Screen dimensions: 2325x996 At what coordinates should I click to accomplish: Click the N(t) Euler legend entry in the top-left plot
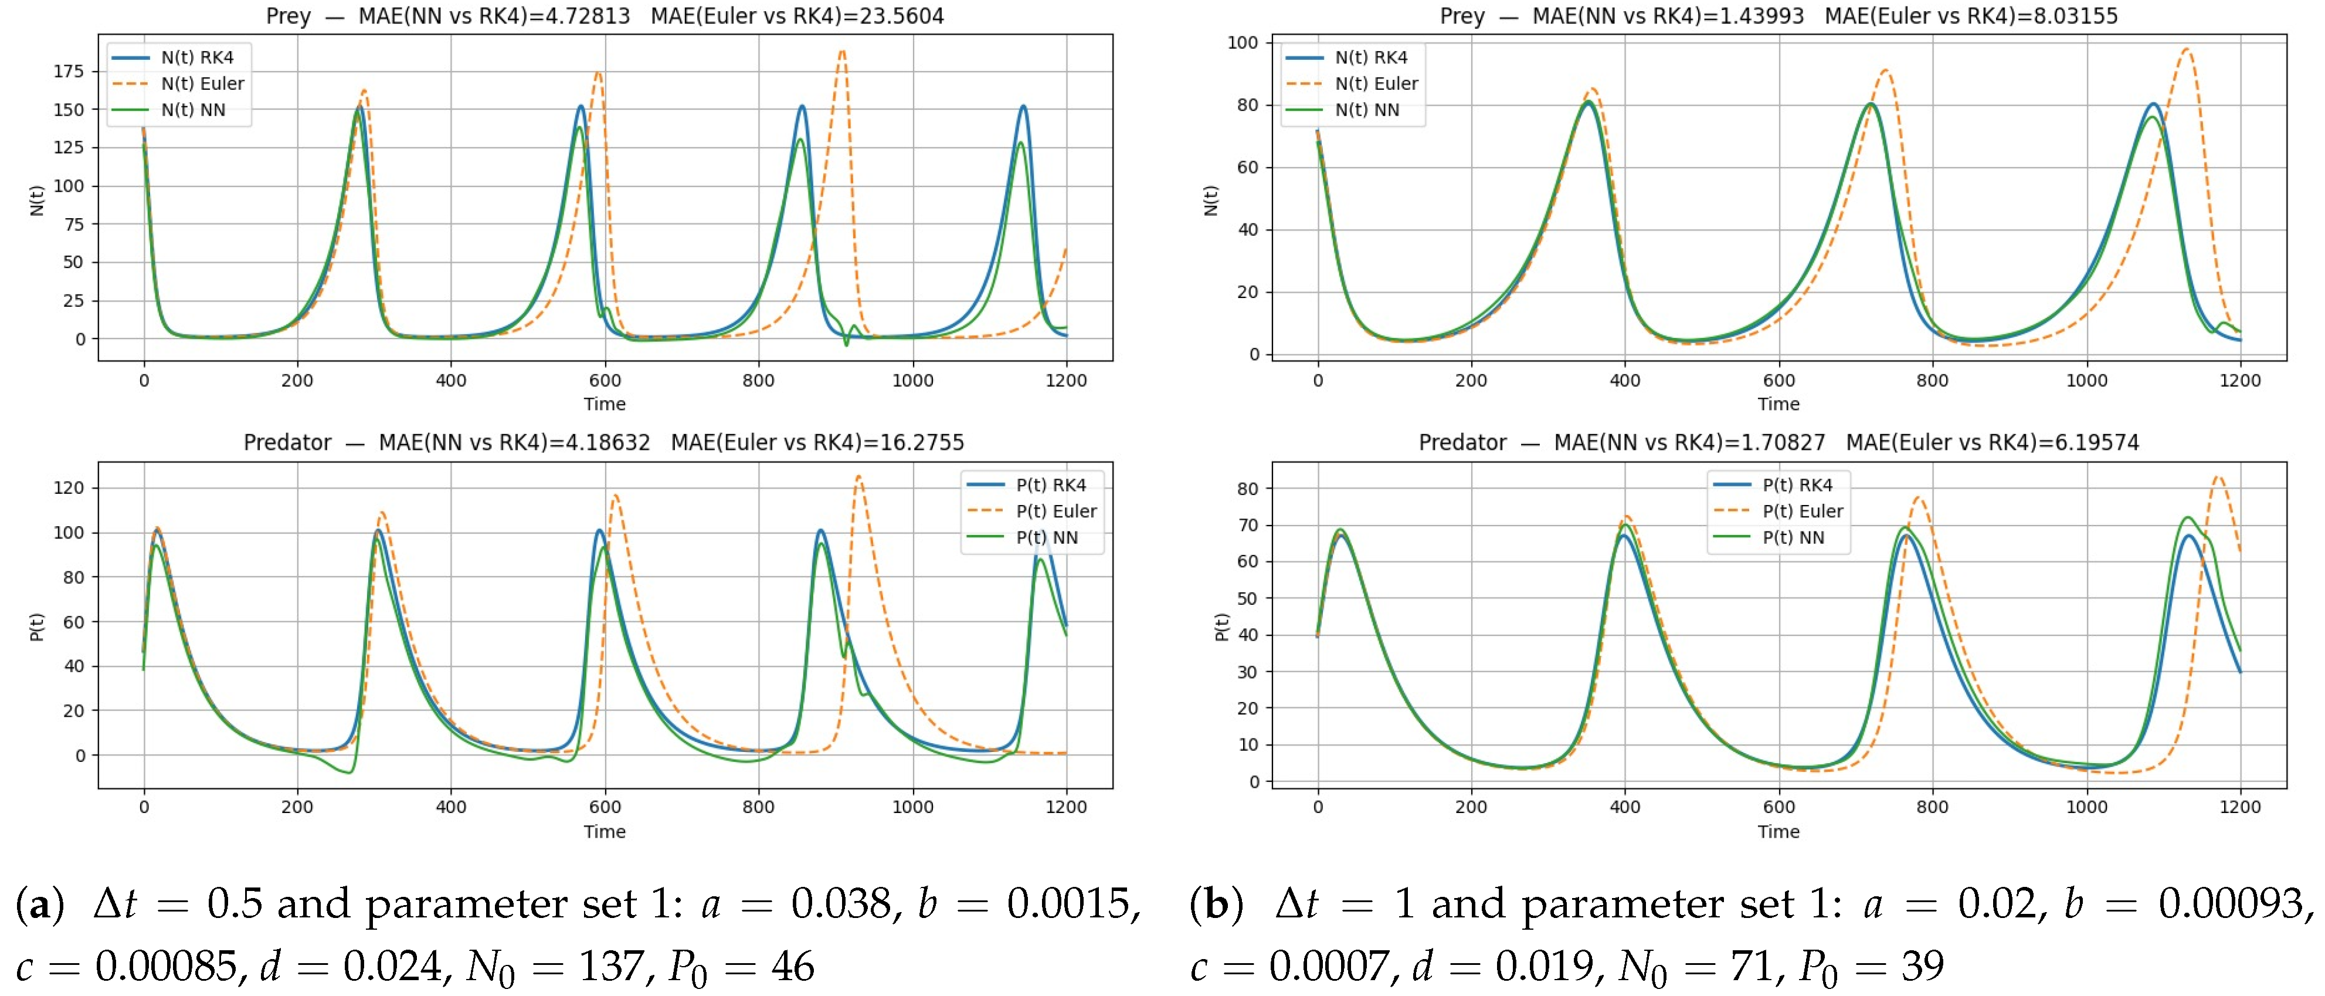(178, 84)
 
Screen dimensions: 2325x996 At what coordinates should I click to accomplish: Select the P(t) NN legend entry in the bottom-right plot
(1769, 537)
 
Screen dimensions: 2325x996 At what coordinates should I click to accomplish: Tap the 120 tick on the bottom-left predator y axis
(69, 487)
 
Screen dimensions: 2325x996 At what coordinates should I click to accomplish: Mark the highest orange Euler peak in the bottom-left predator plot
(858, 476)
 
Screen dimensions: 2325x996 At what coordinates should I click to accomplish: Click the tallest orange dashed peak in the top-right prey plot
(2186, 49)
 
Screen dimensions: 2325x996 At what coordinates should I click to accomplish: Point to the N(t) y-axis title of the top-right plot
(1211, 201)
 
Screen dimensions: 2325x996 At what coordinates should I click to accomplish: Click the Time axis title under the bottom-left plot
(605, 832)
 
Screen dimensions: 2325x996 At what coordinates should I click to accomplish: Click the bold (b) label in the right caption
(1215, 904)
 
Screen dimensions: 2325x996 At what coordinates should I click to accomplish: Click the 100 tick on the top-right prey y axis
(1242, 42)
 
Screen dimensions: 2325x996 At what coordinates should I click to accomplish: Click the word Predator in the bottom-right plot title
(1462, 442)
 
